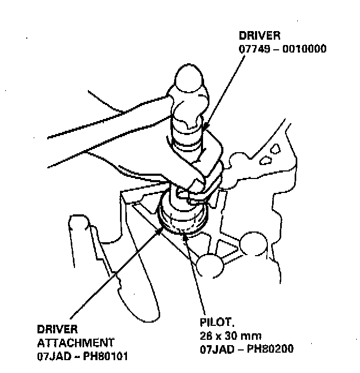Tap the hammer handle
[96, 131]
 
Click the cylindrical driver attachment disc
[184, 220]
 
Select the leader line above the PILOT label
[196, 273]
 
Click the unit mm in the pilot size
[253, 336]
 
